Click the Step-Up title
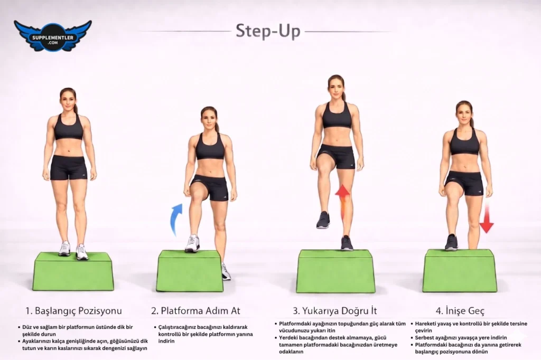[268, 31]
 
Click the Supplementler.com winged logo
[53, 36]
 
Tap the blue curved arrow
[176, 219]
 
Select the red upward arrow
[342, 202]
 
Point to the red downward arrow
[487, 217]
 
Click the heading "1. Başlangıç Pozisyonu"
[73, 311]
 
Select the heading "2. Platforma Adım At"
[195, 311]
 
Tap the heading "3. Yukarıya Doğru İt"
[334, 311]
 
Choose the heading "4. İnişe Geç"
[460, 311]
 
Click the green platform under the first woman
[73, 271]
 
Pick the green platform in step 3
[335, 271]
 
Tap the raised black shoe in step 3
[323, 220]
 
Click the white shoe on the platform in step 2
[192, 243]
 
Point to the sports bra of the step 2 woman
[210, 147]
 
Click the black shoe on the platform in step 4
[451, 242]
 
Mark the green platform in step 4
[460, 271]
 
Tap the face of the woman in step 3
[335, 88]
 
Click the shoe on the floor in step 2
[226, 271]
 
